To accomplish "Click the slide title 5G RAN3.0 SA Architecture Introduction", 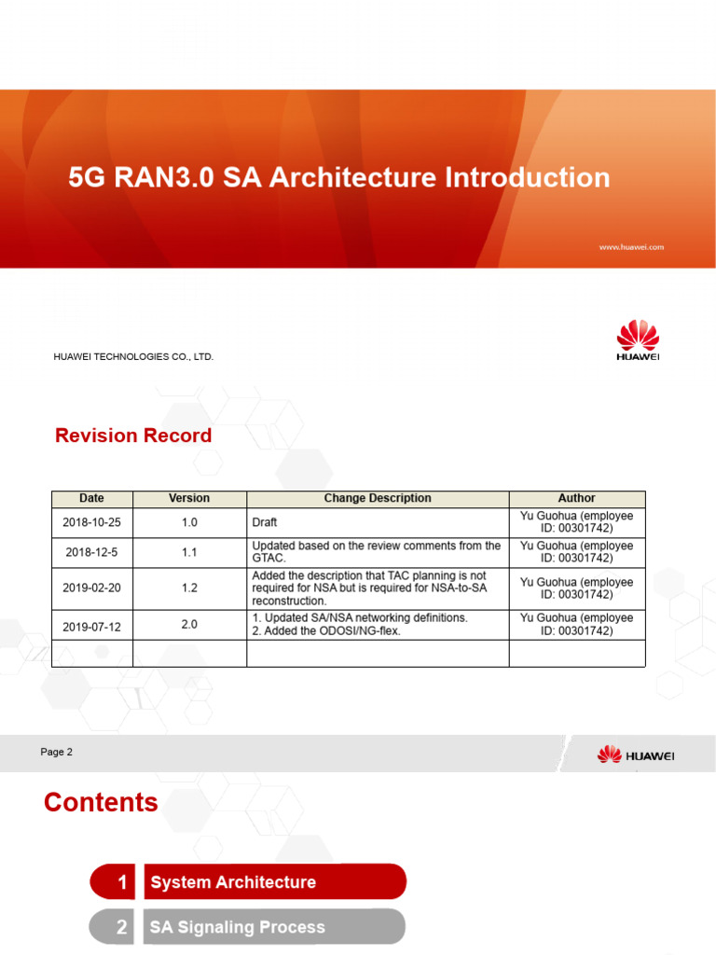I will pyautogui.click(x=339, y=177).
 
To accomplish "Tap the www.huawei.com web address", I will pyautogui.click(x=630, y=247).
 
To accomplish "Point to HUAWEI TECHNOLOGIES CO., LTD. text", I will pyautogui.click(x=133, y=356).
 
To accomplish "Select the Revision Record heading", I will pyautogui.click(x=133, y=436).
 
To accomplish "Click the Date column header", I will pyautogui.click(x=91, y=499).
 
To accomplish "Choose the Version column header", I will pyautogui.click(x=189, y=499).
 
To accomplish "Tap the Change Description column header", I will pyautogui.click(x=377, y=499).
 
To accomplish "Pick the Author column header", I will pyautogui.click(x=576, y=499).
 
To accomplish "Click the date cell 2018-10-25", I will pyautogui.click(x=91, y=522).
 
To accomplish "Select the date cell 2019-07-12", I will pyautogui.click(x=91, y=626).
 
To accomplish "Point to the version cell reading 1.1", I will pyautogui.click(x=189, y=552).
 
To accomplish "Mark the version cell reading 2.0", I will pyautogui.click(x=189, y=624).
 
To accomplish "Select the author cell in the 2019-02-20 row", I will pyautogui.click(x=576, y=588).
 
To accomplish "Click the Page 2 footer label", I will pyautogui.click(x=57, y=752).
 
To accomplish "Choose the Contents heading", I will pyautogui.click(x=101, y=802).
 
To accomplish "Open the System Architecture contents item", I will pyautogui.click(x=232, y=882).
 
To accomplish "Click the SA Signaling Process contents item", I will pyautogui.click(x=237, y=927).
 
